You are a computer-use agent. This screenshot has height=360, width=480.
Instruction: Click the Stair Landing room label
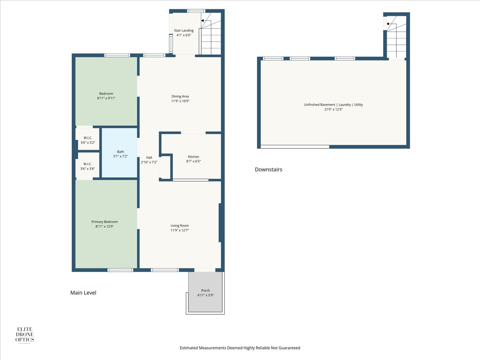coord(184,30)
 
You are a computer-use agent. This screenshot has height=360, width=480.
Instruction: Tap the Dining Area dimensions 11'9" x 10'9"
coord(180,101)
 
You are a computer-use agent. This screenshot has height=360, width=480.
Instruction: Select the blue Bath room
coord(119,153)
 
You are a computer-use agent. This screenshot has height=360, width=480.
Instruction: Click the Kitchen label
coord(194,157)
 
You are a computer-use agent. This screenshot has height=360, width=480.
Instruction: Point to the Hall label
coord(149,157)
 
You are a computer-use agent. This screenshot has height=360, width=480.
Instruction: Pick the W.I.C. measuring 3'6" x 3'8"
coord(88,166)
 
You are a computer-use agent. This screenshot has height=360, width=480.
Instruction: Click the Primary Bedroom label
coord(104,222)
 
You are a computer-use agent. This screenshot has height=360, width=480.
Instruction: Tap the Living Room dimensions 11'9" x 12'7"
coord(180,230)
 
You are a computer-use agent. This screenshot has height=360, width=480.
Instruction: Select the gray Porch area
coord(205,292)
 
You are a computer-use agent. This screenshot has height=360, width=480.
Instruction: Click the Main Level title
coord(83,293)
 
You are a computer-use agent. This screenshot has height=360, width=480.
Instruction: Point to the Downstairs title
coord(268,169)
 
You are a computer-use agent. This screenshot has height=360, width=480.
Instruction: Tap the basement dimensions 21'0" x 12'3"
coord(333,109)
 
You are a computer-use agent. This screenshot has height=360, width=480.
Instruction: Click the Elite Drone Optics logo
coord(25,335)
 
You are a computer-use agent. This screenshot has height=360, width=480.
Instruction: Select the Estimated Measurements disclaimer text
coord(240,348)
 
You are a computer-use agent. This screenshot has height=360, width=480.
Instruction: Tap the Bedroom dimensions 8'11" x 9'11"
coord(106,98)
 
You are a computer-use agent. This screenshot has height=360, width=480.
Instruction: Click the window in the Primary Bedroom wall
coord(120,270)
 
